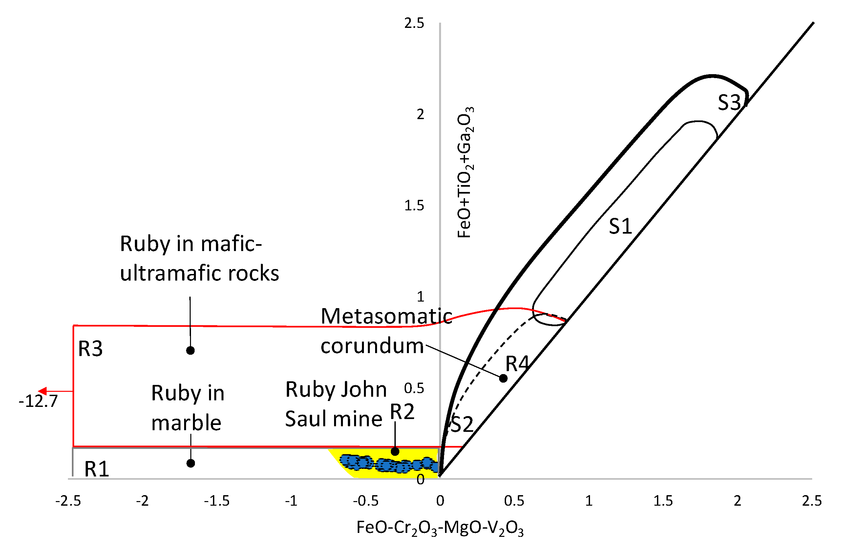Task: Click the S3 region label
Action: tap(729, 103)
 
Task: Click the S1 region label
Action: tap(620, 226)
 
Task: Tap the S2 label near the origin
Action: tap(462, 424)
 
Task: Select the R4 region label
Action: tap(517, 364)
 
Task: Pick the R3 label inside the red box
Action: tap(90, 348)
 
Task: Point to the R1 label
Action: tap(96, 469)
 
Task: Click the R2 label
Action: tap(402, 412)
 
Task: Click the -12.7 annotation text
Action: tap(38, 401)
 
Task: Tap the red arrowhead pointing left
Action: tap(42, 391)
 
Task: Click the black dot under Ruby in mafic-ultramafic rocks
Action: tap(190, 351)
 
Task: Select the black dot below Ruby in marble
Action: tap(191, 463)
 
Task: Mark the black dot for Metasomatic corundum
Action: tap(503, 378)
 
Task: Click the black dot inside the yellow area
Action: tap(395, 452)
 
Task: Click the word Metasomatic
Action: tap(386, 316)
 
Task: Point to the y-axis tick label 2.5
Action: tap(414, 23)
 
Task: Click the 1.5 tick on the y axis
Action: tap(414, 206)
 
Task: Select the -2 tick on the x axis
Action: tap(142, 501)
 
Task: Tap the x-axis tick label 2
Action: tap(737, 501)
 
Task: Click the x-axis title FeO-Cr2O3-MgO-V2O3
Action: tap(440, 528)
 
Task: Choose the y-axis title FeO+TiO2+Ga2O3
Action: tap(465, 172)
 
